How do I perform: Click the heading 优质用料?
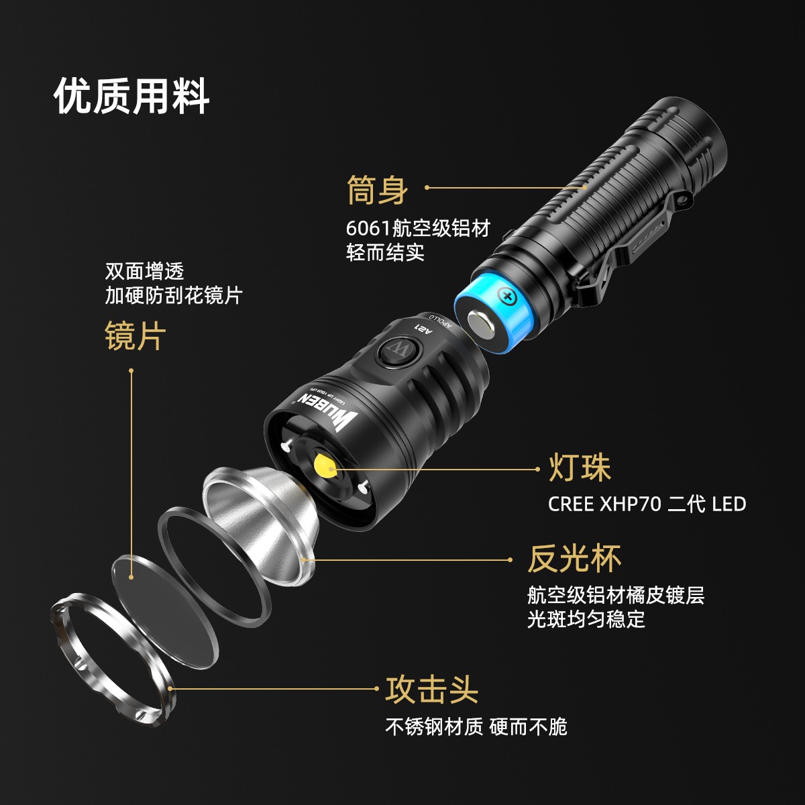[x=131, y=96]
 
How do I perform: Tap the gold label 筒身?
[x=377, y=190]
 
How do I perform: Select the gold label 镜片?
[x=136, y=336]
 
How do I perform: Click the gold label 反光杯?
[x=574, y=559]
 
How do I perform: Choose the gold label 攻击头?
[x=432, y=690]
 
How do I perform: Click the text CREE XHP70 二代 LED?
[x=647, y=504]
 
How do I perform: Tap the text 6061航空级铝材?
[x=418, y=228]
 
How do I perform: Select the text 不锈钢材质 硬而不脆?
[x=476, y=727]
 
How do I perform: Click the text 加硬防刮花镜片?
[x=174, y=296]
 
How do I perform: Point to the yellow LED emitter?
[x=325, y=466]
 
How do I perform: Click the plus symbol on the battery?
[x=508, y=297]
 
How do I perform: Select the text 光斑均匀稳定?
[x=586, y=619]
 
